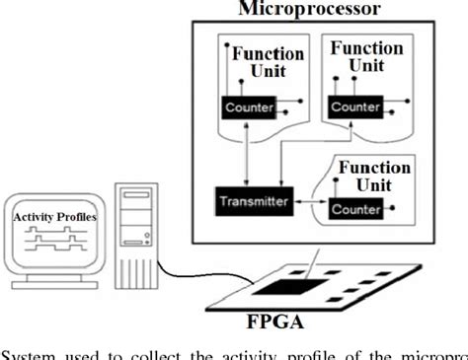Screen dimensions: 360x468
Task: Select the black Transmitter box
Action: click(x=251, y=202)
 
